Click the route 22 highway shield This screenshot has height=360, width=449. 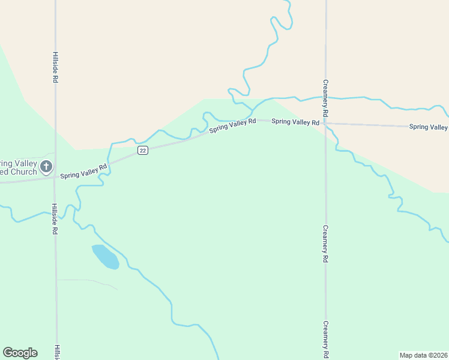pyautogui.click(x=142, y=151)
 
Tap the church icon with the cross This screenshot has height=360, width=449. pyautogui.click(x=46, y=166)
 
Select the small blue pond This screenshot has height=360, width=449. pyautogui.click(x=105, y=256)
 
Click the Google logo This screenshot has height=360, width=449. pyautogui.click(x=20, y=353)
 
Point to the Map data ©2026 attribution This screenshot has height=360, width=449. pyautogui.click(x=423, y=355)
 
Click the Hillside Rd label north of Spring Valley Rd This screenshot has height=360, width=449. pyautogui.click(x=55, y=67)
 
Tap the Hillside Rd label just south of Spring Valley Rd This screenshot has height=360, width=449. pyautogui.click(x=55, y=219)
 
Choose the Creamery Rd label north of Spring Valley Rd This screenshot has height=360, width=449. pyautogui.click(x=325, y=98)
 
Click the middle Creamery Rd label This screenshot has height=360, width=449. pyautogui.click(x=325, y=244)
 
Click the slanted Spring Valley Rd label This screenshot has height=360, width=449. pyautogui.click(x=233, y=125)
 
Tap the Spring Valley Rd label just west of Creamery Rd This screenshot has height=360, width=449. pyautogui.click(x=295, y=122)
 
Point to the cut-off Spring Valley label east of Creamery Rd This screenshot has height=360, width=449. pyautogui.click(x=428, y=127)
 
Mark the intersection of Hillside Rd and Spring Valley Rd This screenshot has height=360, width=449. pyautogui.click(x=55, y=178)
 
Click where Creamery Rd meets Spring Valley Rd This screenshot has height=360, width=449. pyautogui.click(x=325, y=124)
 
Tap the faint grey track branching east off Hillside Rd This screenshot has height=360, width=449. pyautogui.click(x=87, y=281)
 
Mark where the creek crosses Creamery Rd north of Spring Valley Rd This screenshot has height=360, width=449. pyautogui.click(x=325, y=98)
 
